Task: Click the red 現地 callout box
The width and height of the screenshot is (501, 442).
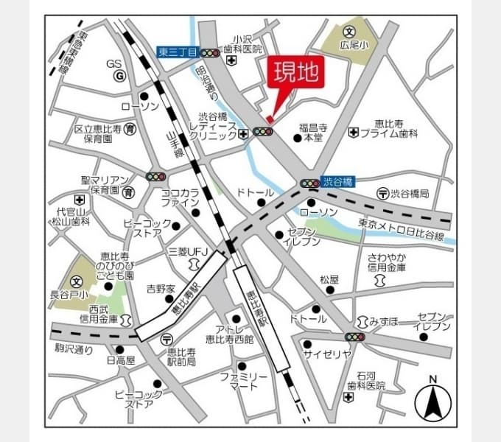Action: (x=296, y=73)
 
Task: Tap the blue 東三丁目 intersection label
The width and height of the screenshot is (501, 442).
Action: (x=178, y=52)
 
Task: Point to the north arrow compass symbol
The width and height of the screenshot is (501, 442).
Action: (x=433, y=401)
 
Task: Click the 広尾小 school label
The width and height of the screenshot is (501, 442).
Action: (x=354, y=45)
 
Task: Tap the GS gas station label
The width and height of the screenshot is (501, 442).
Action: (x=113, y=63)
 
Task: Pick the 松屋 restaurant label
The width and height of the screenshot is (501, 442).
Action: (x=329, y=280)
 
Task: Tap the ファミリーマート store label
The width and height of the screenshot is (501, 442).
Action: (x=244, y=381)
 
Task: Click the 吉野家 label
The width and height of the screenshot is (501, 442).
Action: (x=160, y=288)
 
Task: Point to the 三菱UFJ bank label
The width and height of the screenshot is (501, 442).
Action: (x=188, y=252)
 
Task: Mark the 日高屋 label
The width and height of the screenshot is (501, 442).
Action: (x=121, y=360)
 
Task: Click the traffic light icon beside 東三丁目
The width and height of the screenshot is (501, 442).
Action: (x=213, y=53)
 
